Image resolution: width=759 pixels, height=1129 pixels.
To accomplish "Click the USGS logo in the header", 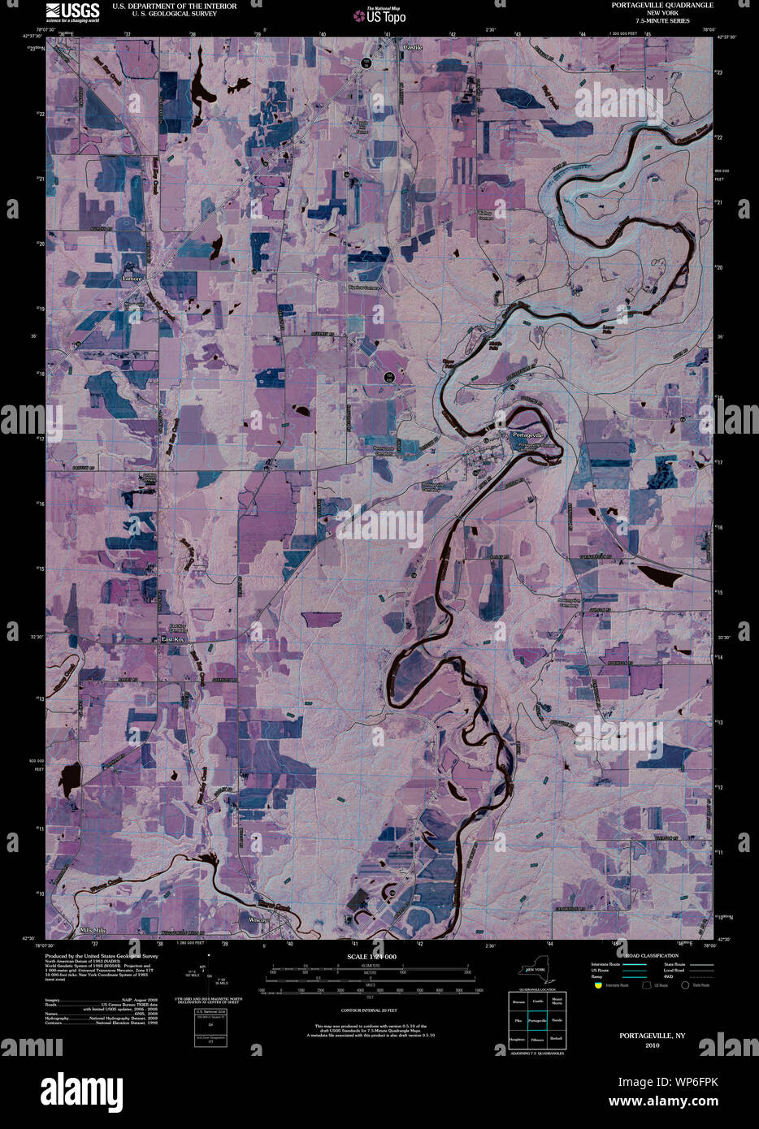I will coord(72,11).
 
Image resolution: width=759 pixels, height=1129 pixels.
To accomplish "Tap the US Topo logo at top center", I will coord(379,15).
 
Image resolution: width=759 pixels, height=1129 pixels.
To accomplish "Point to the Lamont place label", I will coord(132,279).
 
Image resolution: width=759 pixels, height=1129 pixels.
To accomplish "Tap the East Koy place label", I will coord(173,639).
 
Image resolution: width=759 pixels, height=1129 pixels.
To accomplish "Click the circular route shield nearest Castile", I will coord(366,63).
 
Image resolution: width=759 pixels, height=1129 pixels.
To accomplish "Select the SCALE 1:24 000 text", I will coord(371,957).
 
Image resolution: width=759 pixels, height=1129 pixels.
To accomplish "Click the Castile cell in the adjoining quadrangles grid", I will coord(536,1001).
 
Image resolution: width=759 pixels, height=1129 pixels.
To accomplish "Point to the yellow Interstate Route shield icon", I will coord(597,984).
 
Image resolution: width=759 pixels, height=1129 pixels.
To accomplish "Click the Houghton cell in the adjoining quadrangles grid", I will coord(517,1040).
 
